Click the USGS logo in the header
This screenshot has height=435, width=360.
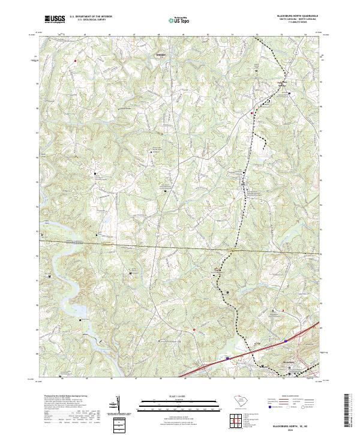pos(54,19)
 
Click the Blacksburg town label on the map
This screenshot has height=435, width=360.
pos(290,363)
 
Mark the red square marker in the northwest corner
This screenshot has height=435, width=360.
pos(76,61)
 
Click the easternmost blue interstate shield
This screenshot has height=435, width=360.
pos(286,340)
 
